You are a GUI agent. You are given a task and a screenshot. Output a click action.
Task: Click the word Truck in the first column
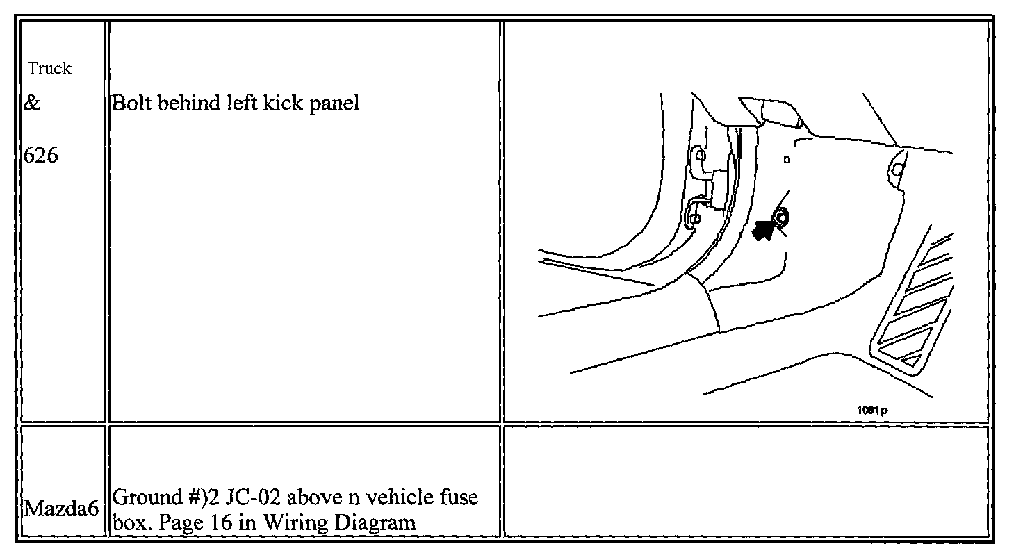pos(50,69)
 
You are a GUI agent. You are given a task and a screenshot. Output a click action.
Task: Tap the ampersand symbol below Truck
pos(32,104)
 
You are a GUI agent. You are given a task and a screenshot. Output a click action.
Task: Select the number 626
pos(41,155)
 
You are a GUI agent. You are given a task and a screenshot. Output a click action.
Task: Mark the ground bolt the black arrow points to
pos(781,218)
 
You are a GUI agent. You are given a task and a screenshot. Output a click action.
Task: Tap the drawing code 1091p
pos(871,410)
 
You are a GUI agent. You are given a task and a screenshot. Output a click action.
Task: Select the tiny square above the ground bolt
pos(787,159)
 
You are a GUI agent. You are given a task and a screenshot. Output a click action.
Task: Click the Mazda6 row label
pos(60,509)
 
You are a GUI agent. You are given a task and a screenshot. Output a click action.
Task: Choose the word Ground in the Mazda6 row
pos(138,498)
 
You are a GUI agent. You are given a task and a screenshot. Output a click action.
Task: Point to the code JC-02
pos(254,498)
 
